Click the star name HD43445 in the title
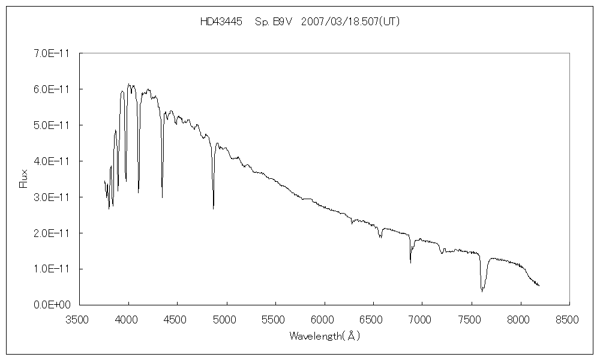click(x=221, y=22)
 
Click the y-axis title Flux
click(x=24, y=178)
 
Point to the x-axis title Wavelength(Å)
click(x=325, y=336)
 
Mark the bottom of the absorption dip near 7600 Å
click(x=482, y=292)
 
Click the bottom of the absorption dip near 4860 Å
click(x=213, y=209)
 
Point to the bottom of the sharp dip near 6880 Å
click(x=410, y=263)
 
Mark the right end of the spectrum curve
click(x=539, y=286)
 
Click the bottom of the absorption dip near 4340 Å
click(x=162, y=197)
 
